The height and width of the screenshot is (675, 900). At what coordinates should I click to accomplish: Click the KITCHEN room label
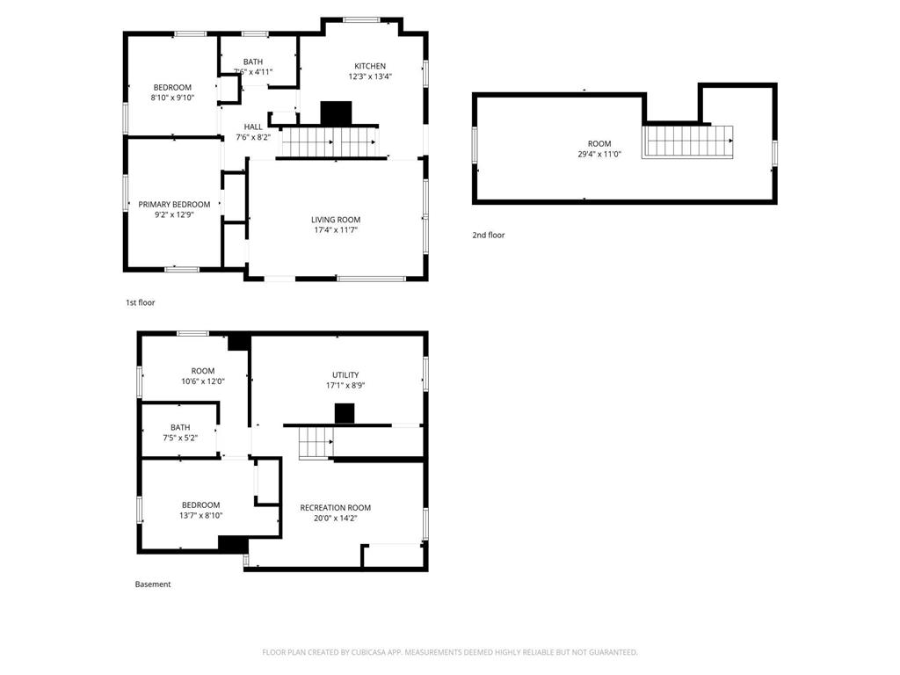coord(370,66)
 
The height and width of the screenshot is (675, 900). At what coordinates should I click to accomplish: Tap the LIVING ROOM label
coord(335,220)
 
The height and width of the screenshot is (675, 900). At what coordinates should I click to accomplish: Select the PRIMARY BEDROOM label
coord(174,204)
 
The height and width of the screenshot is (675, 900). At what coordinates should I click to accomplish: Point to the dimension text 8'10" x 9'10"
coord(173,98)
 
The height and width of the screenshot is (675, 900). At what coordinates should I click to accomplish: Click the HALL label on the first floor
coord(253,127)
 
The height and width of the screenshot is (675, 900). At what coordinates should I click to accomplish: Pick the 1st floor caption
coord(140,302)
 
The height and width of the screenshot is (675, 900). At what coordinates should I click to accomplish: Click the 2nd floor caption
coord(489,235)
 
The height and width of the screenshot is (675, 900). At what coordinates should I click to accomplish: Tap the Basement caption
coord(153,584)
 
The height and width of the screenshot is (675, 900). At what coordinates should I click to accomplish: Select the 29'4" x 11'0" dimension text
coord(599,154)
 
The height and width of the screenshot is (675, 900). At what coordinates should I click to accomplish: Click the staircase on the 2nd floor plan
coord(688,141)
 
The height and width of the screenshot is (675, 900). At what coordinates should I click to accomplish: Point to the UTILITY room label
coord(345,375)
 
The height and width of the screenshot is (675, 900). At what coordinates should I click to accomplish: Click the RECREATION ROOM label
coord(335,507)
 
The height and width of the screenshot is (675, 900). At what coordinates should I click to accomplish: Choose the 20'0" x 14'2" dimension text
coord(335,518)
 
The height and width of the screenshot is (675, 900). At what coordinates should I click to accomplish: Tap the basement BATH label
coord(180,427)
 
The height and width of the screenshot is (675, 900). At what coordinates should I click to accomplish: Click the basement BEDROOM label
coord(200,504)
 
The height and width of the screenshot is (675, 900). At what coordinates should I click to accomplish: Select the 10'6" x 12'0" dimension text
coord(202,381)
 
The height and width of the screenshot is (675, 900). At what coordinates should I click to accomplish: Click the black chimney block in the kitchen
coord(336,113)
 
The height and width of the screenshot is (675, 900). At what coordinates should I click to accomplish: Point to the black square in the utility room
coord(345,413)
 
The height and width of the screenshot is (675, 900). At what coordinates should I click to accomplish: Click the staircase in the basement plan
coord(315,443)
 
